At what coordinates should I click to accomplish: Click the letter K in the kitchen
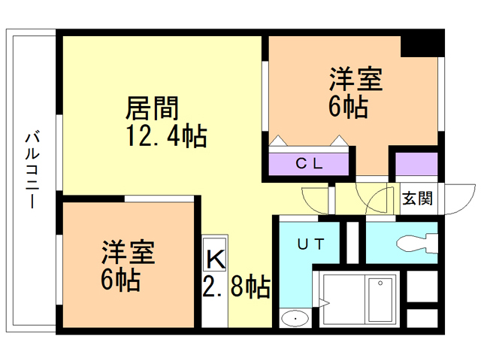[214, 260]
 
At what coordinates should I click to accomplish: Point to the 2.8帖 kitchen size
[237, 287]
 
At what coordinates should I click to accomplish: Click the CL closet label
[309, 163]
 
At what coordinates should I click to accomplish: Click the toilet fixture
[416, 243]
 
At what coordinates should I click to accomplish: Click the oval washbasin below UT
[295, 320]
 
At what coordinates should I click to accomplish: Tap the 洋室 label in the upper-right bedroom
[356, 80]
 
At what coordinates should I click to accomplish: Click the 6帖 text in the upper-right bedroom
[347, 108]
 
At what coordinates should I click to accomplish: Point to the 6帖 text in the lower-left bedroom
[120, 280]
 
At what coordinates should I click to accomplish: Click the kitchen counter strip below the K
[214, 301]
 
